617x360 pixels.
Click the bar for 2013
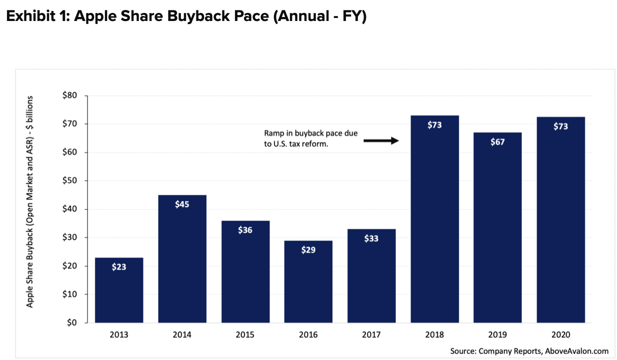tap(119, 290)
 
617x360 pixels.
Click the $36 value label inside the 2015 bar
tap(245, 230)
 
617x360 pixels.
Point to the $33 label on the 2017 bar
tap(371, 238)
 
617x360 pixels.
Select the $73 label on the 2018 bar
tap(434, 125)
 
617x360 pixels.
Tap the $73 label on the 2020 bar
tap(560, 126)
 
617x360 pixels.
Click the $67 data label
tap(497, 142)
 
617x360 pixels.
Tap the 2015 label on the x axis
tap(245, 335)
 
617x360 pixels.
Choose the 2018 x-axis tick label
tap(434, 335)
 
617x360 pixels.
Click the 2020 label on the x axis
tap(560, 335)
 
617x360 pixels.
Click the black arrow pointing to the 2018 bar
tap(380, 141)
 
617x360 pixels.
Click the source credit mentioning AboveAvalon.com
tap(529, 351)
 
